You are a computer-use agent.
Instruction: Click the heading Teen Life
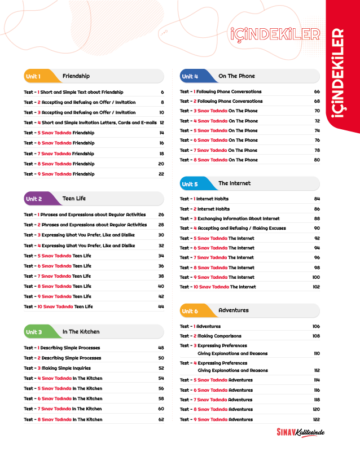click(x=74, y=199)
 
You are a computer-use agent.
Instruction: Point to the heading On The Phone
click(x=236, y=76)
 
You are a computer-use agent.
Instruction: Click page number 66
click(x=317, y=91)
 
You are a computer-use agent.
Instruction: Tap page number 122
click(x=316, y=419)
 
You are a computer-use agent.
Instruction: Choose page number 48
click(x=161, y=348)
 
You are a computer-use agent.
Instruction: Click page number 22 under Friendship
click(x=161, y=174)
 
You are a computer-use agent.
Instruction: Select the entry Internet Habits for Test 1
click(x=212, y=199)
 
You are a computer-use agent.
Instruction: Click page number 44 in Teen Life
click(x=161, y=306)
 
